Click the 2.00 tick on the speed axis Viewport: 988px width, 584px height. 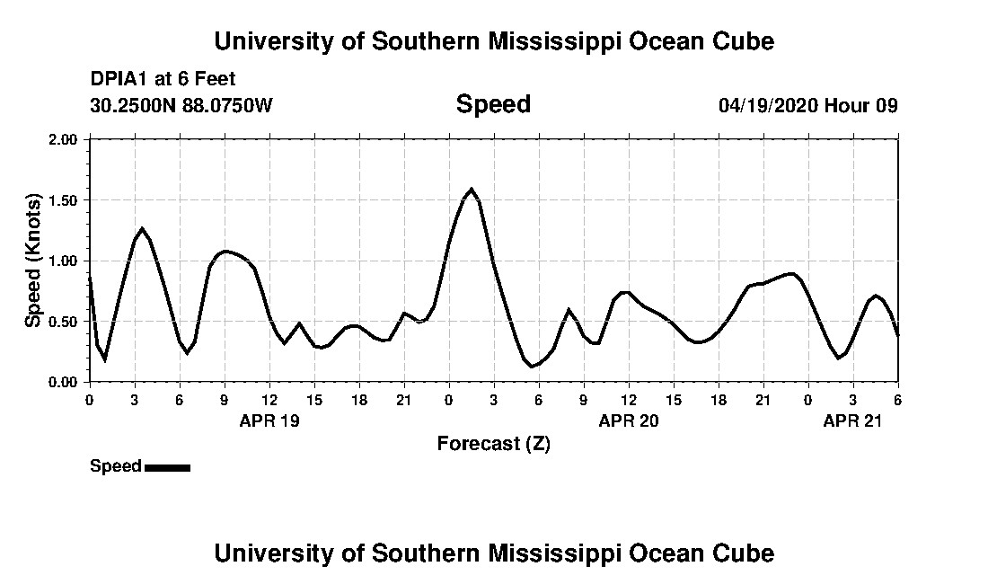[x=66, y=139]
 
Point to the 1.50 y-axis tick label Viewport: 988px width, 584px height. [x=66, y=200]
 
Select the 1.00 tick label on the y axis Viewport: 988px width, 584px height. [x=66, y=261]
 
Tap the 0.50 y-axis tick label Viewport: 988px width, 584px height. [x=66, y=322]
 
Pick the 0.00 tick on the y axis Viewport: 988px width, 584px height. [x=66, y=382]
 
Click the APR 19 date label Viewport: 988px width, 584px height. [x=269, y=420]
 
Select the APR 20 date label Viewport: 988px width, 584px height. [x=629, y=420]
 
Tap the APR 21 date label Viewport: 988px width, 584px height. [x=853, y=420]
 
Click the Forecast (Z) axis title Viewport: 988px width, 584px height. [x=493, y=443]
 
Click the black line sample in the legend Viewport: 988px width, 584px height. [x=167, y=467]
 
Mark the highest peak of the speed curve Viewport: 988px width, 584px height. [x=472, y=190]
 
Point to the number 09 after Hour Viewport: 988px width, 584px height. [x=887, y=105]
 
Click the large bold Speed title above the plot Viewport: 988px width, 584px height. [x=493, y=104]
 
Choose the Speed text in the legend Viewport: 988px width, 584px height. [x=115, y=466]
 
